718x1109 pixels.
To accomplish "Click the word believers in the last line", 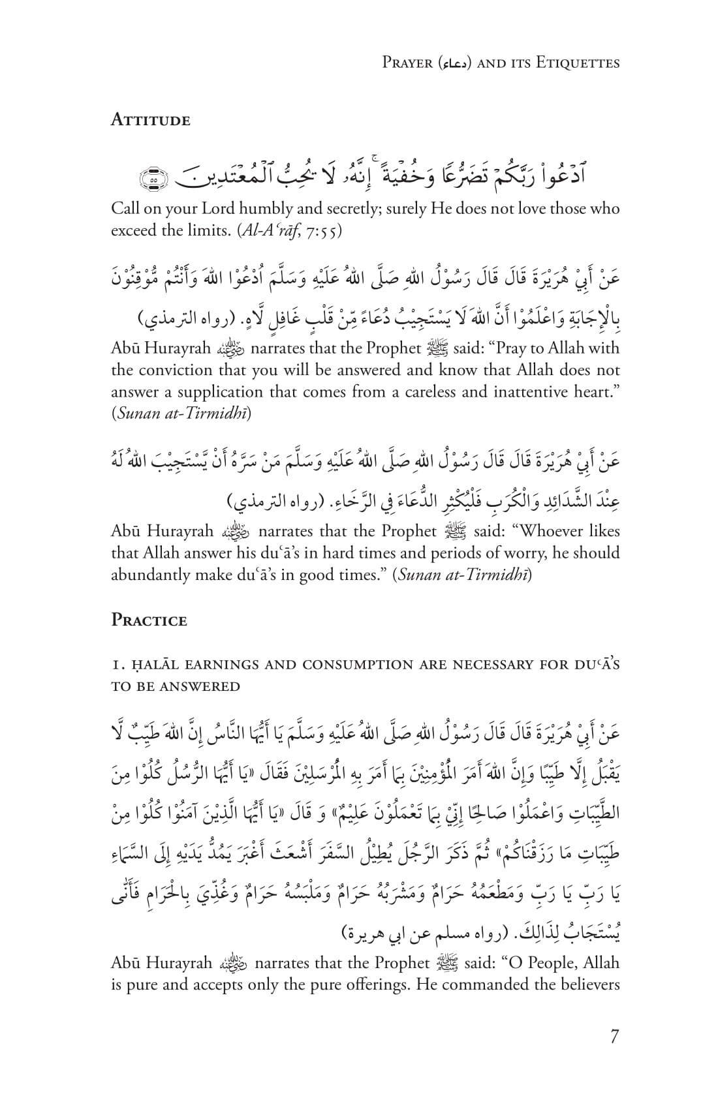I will (x=585, y=984).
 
